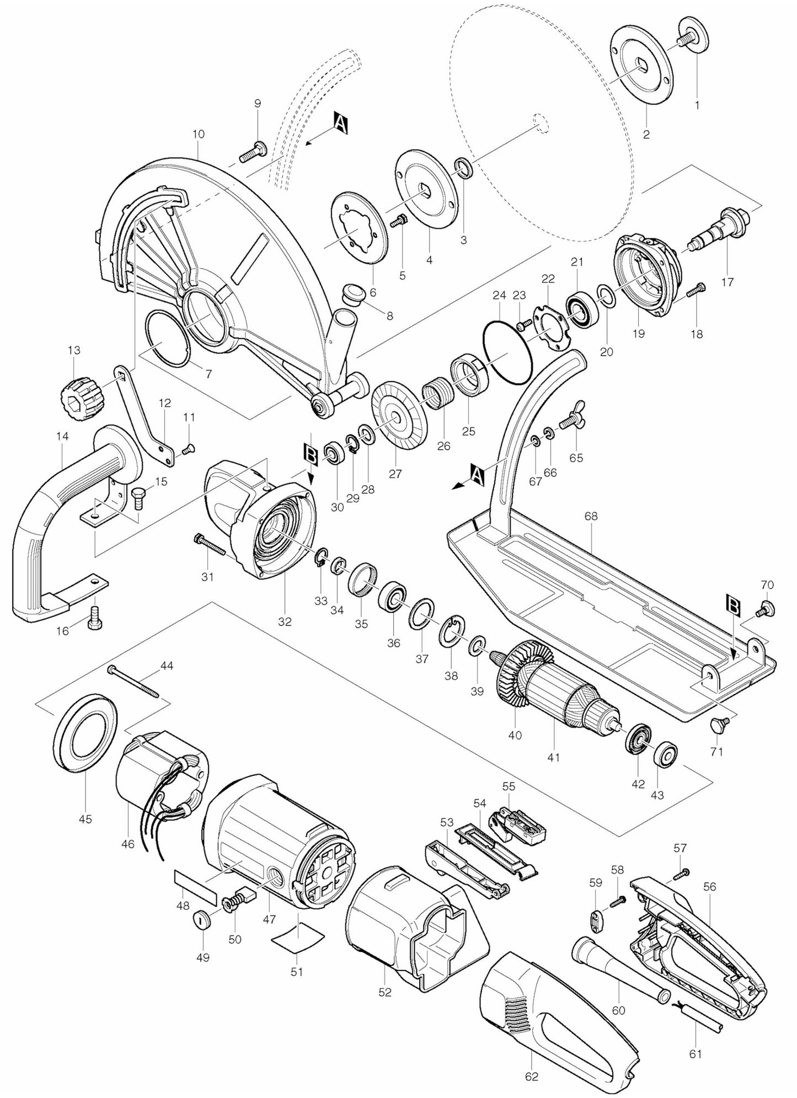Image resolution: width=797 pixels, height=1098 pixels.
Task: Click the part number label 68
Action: (x=591, y=517)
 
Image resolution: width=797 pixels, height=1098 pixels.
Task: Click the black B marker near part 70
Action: (x=733, y=606)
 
